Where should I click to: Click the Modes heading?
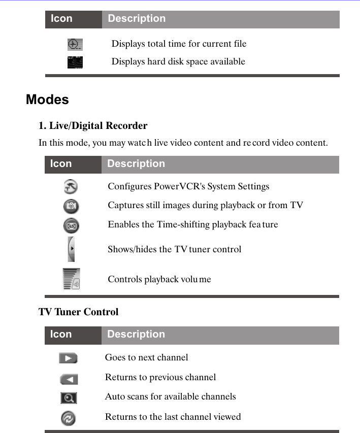point(47,99)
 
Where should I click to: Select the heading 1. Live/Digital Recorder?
point(93,126)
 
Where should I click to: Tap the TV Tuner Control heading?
point(78,312)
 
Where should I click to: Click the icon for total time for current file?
point(75,45)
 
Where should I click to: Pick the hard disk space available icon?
point(75,62)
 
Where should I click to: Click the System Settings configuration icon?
point(71,187)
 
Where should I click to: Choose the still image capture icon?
point(71,206)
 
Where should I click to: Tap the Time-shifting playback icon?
point(71,224)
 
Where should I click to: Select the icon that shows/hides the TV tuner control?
point(71,249)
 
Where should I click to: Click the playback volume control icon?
point(71,279)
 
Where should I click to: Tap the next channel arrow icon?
point(68,358)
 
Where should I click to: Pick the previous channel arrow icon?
point(69,379)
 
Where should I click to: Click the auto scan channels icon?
point(69,398)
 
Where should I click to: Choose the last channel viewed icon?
point(69,418)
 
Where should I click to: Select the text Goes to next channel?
point(146,357)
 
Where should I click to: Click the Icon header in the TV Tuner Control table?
point(61,335)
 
